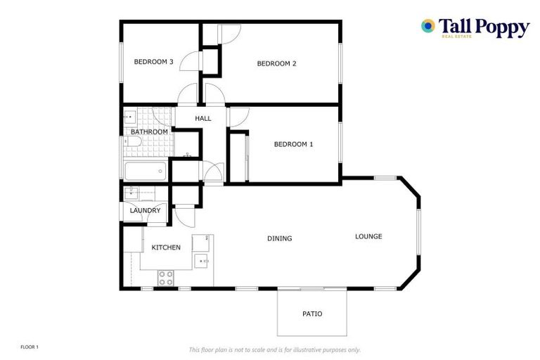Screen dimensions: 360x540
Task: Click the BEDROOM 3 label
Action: pos(153,62)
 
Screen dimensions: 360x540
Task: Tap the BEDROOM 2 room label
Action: pos(276,64)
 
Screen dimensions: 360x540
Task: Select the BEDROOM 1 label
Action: pos(293,145)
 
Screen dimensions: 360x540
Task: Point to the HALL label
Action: pos(203,119)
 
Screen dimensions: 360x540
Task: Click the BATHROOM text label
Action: pos(149,132)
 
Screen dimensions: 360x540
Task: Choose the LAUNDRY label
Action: pos(145,211)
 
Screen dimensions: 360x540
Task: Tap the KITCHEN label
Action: pos(166,247)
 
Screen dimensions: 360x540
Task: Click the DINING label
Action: pos(279,239)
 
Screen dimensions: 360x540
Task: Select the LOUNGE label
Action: pos(368,237)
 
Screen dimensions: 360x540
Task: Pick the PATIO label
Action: pos(312,314)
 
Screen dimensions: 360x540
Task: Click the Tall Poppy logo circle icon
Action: pos(427,26)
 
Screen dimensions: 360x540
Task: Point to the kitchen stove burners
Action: pos(166,278)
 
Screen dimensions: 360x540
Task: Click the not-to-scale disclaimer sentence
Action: pos(274,349)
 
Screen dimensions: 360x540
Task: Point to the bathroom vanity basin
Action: pos(130,116)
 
